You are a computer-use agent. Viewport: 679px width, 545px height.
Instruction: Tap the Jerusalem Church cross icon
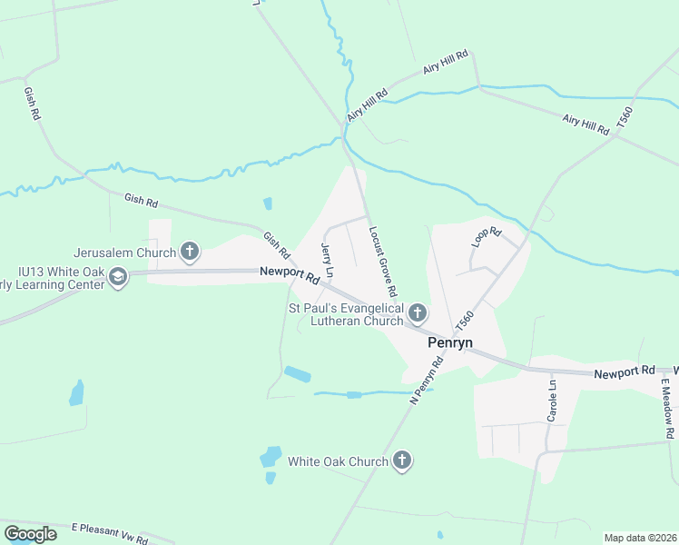click(x=190, y=252)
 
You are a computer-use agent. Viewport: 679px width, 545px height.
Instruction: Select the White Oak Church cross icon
click(x=402, y=461)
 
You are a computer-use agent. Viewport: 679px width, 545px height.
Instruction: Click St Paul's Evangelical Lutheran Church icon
click(x=418, y=314)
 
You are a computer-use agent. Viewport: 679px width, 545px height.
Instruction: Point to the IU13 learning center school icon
click(x=118, y=276)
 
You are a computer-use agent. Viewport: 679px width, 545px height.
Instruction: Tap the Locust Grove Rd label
click(x=383, y=263)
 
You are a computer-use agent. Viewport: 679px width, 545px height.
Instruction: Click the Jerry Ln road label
click(x=328, y=260)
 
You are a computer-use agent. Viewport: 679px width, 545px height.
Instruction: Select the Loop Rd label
click(x=487, y=238)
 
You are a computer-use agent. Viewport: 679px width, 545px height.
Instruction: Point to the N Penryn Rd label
click(x=426, y=381)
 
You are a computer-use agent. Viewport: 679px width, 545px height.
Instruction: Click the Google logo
click(x=30, y=534)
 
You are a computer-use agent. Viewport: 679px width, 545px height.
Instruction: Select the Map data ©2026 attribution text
click(x=639, y=538)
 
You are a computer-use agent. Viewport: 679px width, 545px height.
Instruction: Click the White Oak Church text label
click(x=338, y=461)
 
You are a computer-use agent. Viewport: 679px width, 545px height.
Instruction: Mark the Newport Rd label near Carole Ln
click(x=625, y=372)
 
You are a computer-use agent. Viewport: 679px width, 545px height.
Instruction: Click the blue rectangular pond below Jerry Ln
click(x=297, y=373)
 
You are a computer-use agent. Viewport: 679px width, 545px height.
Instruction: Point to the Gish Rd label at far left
click(x=32, y=104)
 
